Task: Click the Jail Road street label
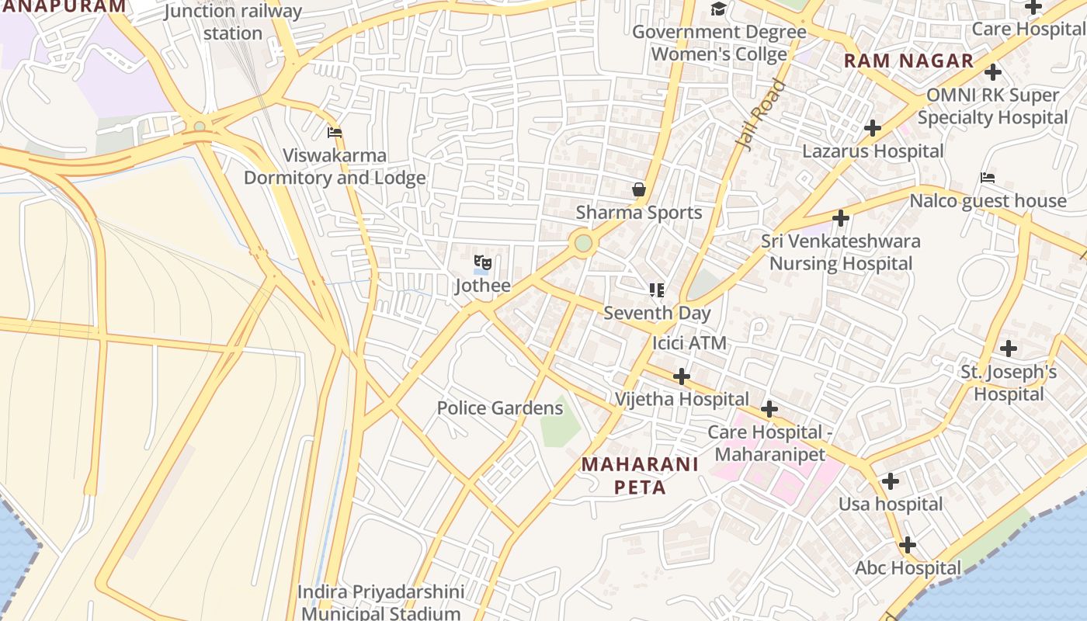click(x=759, y=116)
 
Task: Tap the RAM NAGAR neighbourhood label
click(x=908, y=61)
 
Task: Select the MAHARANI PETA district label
click(x=641, y=475)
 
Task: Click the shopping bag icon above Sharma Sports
click(x=638, y=189)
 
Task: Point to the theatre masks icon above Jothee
click(x=482, y=263)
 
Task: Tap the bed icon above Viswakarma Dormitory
click(x=335, y=133)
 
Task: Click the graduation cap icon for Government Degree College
click(x=719, y=9)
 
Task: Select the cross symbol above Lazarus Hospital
click(x=873, y=128)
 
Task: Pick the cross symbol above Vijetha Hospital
click(x=681, y=376)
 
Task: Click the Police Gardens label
click(x=499, y=408)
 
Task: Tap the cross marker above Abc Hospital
click(x=907, y=545)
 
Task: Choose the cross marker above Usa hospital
click(x=890, y=481)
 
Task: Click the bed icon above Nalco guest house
click(x=987, y=178)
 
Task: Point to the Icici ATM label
click(x=689, y=342)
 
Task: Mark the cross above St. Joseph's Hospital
click(x=1008, y=349)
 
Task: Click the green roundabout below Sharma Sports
click(x=584, y=244)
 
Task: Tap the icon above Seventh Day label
click(x=657, y=290)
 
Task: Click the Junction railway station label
click(x=233, y=22)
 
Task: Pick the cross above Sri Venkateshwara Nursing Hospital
click(x=840, y=218)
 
